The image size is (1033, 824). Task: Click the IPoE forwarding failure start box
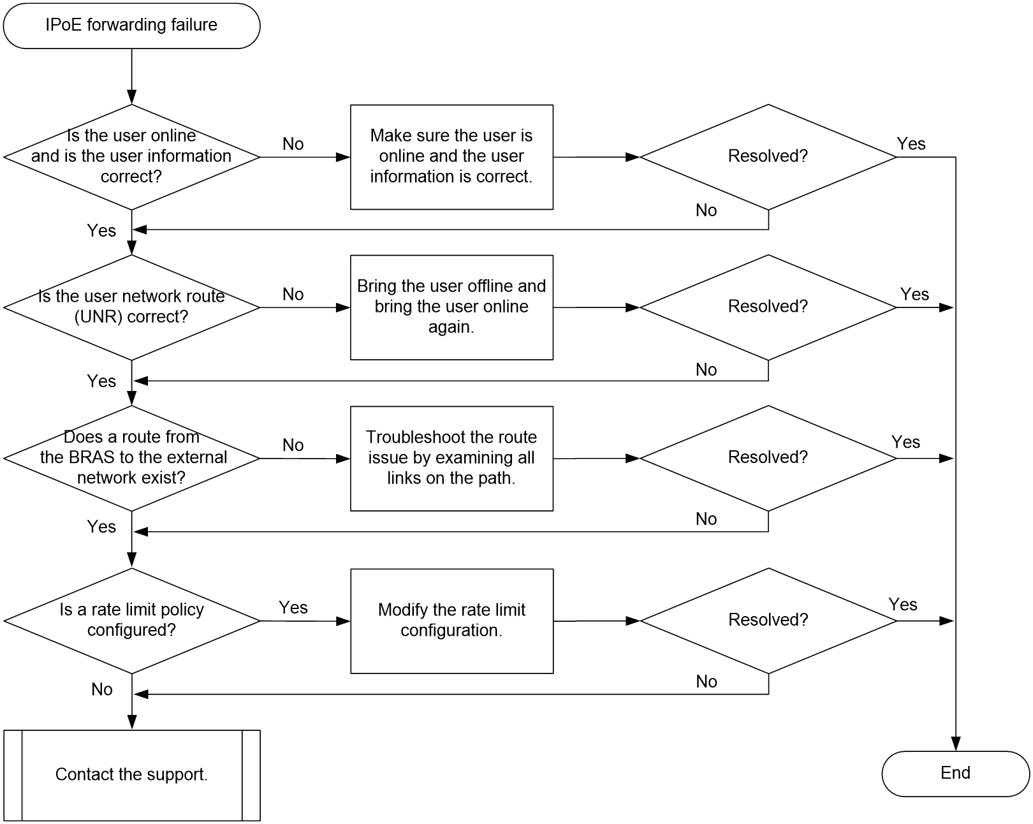pyautogui.click(x=131, y=26)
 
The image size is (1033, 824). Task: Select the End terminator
pyautogui.click(x=955, y=774)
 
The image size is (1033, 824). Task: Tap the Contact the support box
pyautogui.click(x=132, y=775)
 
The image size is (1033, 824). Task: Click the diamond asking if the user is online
pyautogui.click(x=131, y=157)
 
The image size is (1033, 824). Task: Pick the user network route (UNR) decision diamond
pyautogui.click(x=131, y=307)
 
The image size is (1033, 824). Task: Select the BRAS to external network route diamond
pyautogui.click(x=131, y=458)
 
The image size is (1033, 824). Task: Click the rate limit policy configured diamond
pyautogui.click(x=131, y=621)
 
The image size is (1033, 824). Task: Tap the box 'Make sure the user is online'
pyautogui.click(x=451, y=157)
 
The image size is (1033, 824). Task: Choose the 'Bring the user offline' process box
pyautogui.click(x=451, y=307)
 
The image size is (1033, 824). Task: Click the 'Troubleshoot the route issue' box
pyautogui.click(x=451, y=459)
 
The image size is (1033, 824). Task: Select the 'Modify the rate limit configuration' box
pyautogui.click(x=451, y=621)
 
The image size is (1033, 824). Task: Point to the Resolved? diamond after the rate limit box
pyautogui.click(x=768, y=621)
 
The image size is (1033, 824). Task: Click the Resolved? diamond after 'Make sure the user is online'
pyautogui.click(x=768, y=157)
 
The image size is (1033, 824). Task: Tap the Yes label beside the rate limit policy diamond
pyautogui.click(x=293, y=607)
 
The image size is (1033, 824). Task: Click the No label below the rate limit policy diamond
pyautogui.click(x=102, y=689)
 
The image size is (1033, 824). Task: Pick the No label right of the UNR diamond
pyautogui.click(x=293, y=294)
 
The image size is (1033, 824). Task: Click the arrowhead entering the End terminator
pyautogui.click(x=956, y=744)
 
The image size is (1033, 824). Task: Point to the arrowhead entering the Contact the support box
pyautogui.click(x=132, y=723)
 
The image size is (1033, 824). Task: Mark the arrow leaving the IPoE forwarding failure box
pyautogui.click(x=131, y=77)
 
